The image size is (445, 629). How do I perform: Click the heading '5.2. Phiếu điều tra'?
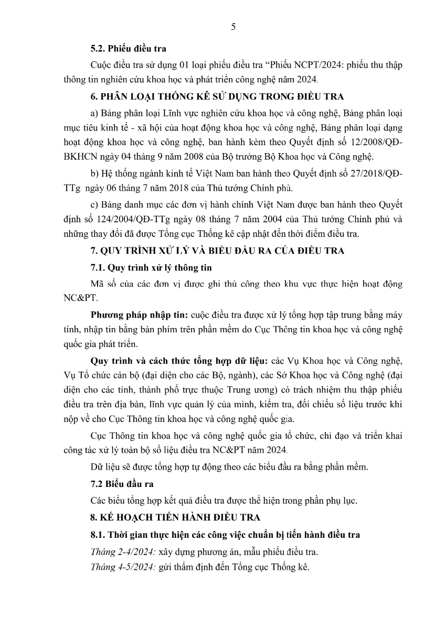(x=128, y=49)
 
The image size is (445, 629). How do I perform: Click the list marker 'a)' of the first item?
(x=94, y=112)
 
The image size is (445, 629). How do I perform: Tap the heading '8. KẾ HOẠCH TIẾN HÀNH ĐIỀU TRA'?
(x=175, y=517)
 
